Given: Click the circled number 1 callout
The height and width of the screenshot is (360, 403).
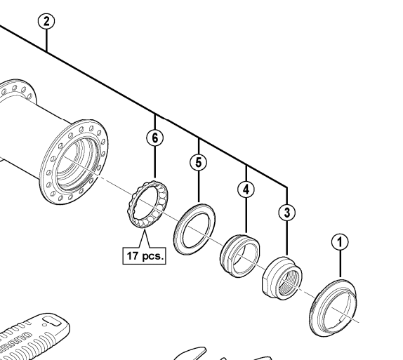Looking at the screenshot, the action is [x=340, y=242].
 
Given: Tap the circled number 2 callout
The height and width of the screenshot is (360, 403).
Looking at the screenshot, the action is [x=46, y=21].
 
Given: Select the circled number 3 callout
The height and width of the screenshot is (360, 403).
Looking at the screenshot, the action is [x=287, y=213].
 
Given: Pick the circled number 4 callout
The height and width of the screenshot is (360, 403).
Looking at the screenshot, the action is [x=246, y=189].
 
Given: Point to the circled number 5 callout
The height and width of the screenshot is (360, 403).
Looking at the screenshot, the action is [x=199, y=162].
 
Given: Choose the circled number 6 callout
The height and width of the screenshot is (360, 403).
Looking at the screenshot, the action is [x=154, y=138].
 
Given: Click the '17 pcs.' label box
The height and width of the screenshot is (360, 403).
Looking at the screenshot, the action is [x=144, y=255].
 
